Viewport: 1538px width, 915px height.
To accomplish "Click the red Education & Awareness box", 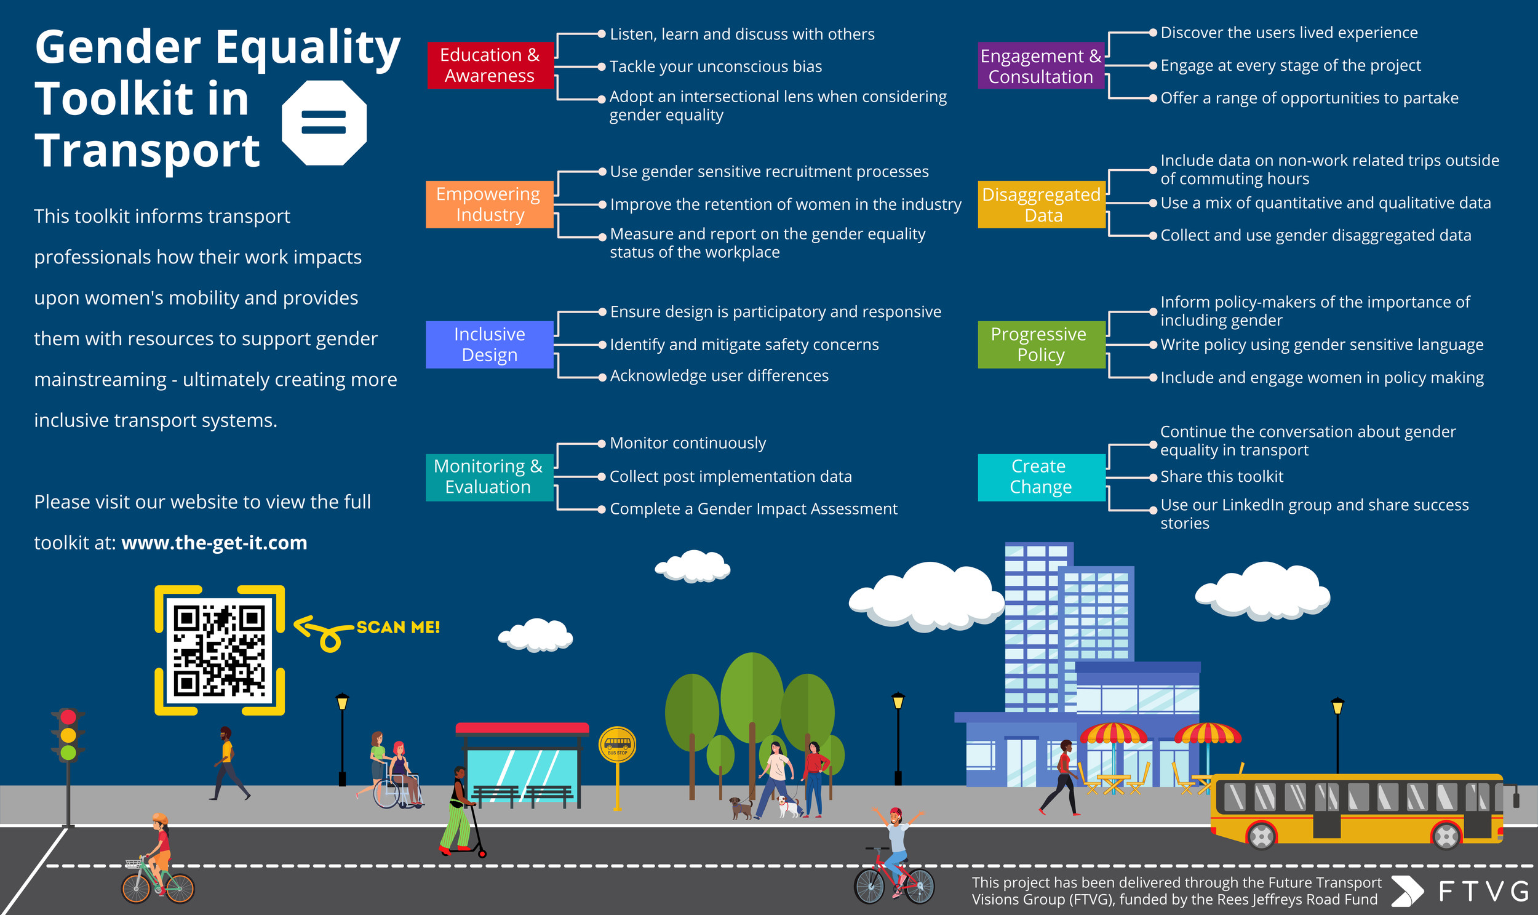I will point(490,65).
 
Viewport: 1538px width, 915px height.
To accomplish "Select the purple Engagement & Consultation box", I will point(1040,66).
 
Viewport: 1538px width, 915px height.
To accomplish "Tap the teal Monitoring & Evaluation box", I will point(488,477).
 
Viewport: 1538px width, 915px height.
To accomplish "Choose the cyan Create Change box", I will point(1040,477).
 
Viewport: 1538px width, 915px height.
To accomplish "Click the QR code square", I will point(220,650).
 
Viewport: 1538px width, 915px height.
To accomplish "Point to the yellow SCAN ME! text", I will point(398,628).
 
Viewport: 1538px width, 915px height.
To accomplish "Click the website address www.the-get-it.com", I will point(214,543).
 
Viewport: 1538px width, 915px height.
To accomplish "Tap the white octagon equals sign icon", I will point(324,122).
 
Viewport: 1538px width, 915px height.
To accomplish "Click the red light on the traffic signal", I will point(68,717).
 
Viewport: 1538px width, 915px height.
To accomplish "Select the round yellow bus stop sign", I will point(617,745).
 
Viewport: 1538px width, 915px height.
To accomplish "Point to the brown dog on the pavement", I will point(739,807).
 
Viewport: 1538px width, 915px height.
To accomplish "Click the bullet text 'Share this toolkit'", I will point(1221,477).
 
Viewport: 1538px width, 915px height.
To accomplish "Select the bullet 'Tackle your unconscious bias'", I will point(715,66).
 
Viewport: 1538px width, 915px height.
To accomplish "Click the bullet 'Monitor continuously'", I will point(687,443).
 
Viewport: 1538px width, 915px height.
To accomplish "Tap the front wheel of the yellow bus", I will point(1446,836).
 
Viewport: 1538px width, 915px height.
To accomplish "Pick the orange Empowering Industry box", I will point(489,204).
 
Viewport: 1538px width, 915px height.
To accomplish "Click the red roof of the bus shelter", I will point(522,728).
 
